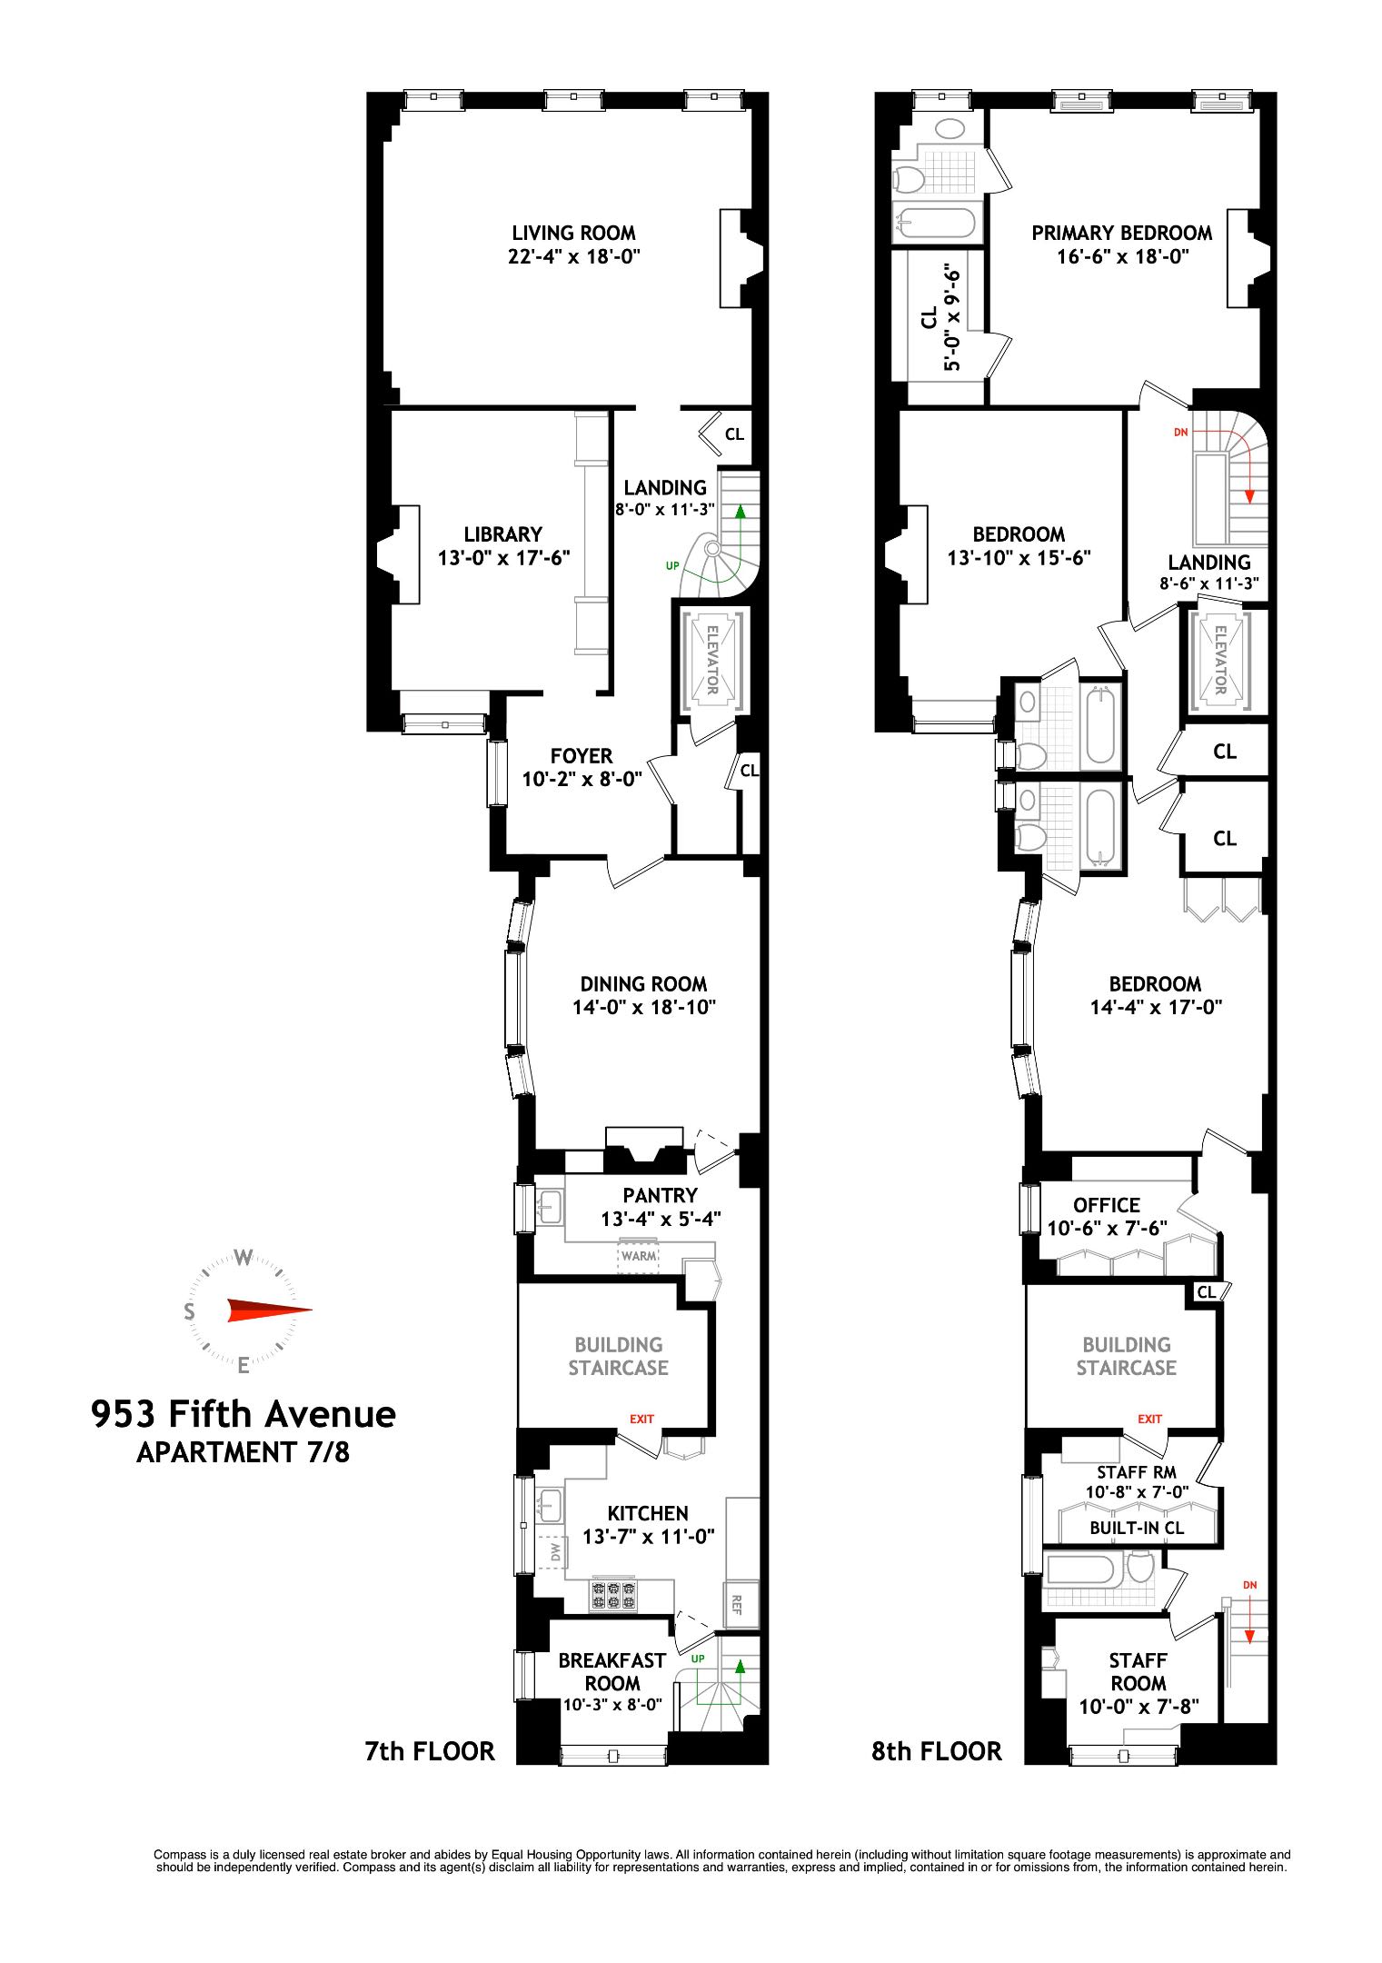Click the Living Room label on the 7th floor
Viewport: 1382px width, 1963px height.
tap(573, 234)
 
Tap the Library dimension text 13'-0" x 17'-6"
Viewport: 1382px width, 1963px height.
tap(503, 558)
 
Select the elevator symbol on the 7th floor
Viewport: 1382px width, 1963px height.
tap(712, 660)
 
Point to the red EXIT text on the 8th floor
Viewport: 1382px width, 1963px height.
tap(1149, 1419)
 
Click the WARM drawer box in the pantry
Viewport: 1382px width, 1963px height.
tap(639, 1256)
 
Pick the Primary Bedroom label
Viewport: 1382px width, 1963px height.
tap(1121, 234)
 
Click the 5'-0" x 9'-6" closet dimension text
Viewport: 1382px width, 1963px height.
tap(951, 317)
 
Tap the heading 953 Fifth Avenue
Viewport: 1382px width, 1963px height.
tap(244, 1415)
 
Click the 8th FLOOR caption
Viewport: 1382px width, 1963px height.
tap(936, 1751)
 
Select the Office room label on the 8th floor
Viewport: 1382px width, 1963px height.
tap(1106, 1205)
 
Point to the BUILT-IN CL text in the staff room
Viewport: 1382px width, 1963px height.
tap(1137, 1528)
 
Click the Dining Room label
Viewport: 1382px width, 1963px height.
tap(643, 984)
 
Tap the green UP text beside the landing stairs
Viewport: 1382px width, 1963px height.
tap(672, 565)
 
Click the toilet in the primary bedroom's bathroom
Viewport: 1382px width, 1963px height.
tap(909, 178)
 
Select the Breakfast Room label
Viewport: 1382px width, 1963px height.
tap(611, 1671)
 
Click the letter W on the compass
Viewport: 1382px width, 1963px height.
tap(243, 1258)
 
